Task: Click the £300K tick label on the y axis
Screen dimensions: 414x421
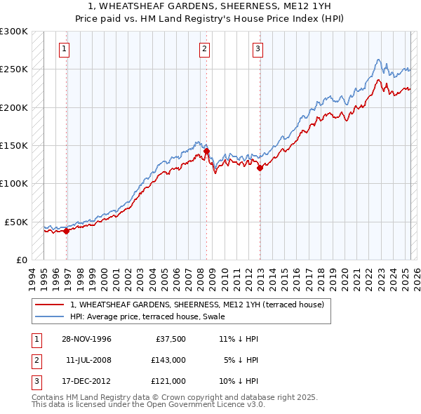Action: pyautogui.click(x=14, y=32)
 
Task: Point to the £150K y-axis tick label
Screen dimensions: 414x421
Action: pyautogui.click(x=14, y=146)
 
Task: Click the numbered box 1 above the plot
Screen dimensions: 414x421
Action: pyautogui.click(x=64, y=49)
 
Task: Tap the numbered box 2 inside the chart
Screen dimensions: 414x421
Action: pyautogui.click(x=203, y=49)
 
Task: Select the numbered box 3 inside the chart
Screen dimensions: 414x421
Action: pyautogui.click(x=258, y=49)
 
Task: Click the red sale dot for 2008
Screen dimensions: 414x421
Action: pyautogui.click(x=207, y=151)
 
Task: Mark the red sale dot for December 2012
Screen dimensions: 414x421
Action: pyautogui.click(x=260, y=168)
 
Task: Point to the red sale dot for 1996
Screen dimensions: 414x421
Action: pyautogui.click(x=67, y=231)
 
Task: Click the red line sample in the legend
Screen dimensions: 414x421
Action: pyautogui.click(x=50, y=305)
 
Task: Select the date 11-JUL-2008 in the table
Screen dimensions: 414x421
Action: pyautogui.click(x=88, y=360)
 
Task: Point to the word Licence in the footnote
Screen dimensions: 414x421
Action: pyautogui.click(x=213, y=405)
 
